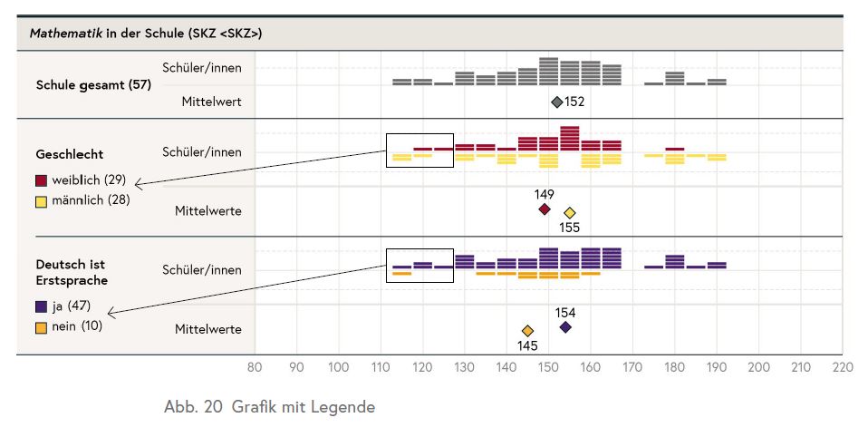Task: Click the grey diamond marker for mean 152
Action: pyautogui.click(x=557, y=102)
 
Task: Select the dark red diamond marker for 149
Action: pyautogui.click(x=545, y=209)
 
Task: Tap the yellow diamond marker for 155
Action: pyautogui.click(x=569, y=213)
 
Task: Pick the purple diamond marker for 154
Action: pyautogui.click(x=565, y=327)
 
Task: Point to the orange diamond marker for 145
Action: pyautogui.click(x=527, y=331)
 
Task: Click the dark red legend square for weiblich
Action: pyautogui.click(x=42, y=180)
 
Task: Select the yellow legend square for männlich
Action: pyautogui.click(x=42, y=199)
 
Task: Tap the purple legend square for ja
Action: pyautogui.click(x=42, y=306)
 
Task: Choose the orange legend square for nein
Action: pyautogui.click(x=42, y=325)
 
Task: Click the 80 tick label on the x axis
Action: pyautogui.click(x=255, y=368)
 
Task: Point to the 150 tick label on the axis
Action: pyautogui.click(x=548, y=368)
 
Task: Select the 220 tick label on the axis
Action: pyautogui.click(x=843, y=368)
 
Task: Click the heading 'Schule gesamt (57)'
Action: pyautogui.click(x=93, y=85)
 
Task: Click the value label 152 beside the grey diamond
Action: pyautogui.click(x=574, y=102)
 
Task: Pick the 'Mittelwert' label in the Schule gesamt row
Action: pyautogui.click(x=212, y=102)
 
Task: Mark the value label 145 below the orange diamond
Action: pyautogui.click(x=528, y=345)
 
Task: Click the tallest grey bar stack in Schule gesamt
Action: pyautogui.click(x=548, y=72)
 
